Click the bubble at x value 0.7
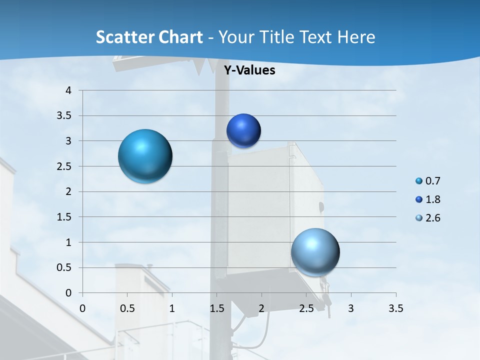[145, 156]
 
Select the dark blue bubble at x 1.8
[243, 131]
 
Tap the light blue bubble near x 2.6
[315, 252]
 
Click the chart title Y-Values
[249, 70]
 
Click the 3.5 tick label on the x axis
[395, 308]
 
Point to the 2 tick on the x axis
[261, 308]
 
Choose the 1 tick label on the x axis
[172, 308]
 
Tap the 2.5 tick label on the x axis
[306, 308]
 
